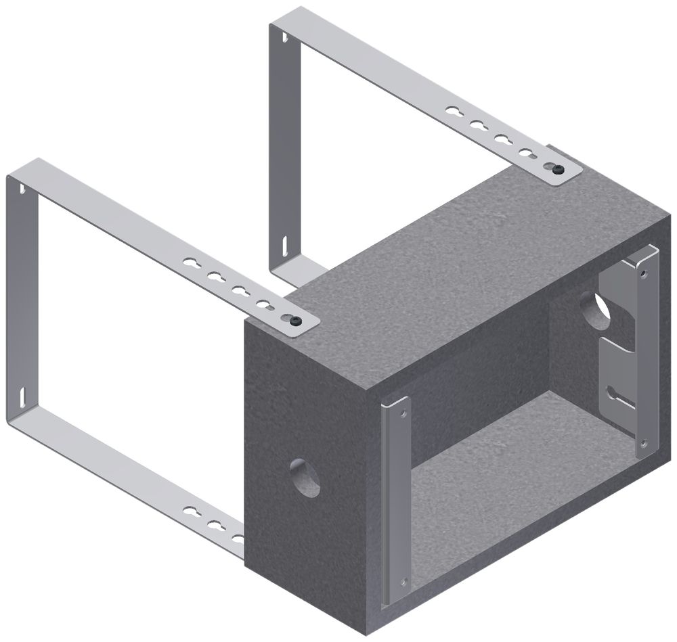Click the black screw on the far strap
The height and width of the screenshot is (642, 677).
(557, 170)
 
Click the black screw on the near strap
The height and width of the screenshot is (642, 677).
(295, 322)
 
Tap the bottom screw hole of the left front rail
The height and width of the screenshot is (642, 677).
(404, 580)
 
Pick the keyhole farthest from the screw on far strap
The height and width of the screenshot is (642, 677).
(454, 110)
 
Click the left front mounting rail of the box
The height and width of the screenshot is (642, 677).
(391, 501)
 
